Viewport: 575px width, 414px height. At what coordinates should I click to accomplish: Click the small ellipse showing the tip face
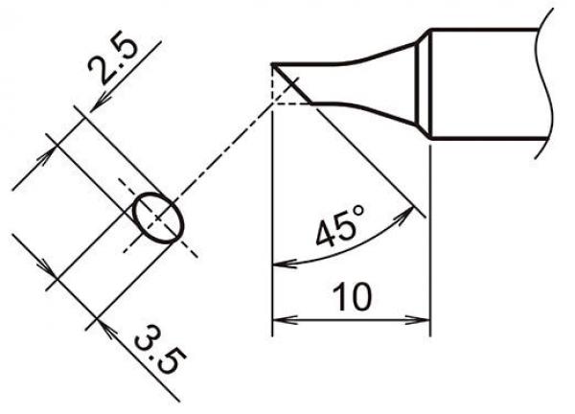click(x=157, y=216)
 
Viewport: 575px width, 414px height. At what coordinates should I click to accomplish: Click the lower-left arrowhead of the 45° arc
click(x=281, y=263)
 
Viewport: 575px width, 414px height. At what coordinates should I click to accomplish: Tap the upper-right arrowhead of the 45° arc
click(x=415, y=212)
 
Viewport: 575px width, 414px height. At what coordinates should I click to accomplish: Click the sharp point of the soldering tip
click(x=274, y=65)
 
